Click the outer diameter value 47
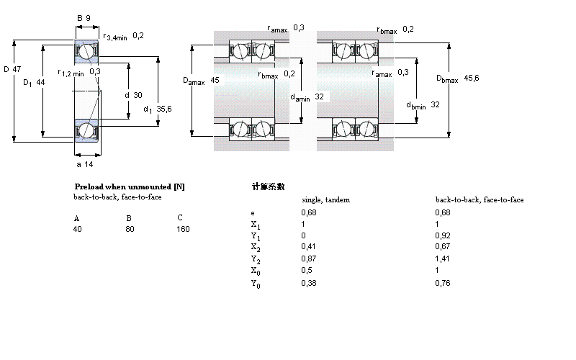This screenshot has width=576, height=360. [18, 69]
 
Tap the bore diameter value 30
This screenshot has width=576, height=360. [138, 95]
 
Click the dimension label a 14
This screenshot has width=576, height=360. [85, 165]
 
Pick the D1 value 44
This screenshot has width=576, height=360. [40, 83]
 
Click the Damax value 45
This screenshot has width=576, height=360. [215, 81]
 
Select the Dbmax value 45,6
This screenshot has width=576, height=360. [472, 78]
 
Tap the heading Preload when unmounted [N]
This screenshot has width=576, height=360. [129, 186]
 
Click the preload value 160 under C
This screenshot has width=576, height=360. [183, 229]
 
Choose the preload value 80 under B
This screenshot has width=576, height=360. [130, 229]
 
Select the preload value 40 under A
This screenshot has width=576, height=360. [78, 229]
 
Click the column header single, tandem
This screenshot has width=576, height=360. [325, 199]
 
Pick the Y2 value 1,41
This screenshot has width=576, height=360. [443, 259]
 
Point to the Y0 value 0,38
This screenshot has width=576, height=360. [308, 283]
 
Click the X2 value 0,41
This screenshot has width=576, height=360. [308, 248]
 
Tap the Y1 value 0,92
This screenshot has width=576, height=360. [443, 236]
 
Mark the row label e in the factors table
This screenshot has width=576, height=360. [252, 212]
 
